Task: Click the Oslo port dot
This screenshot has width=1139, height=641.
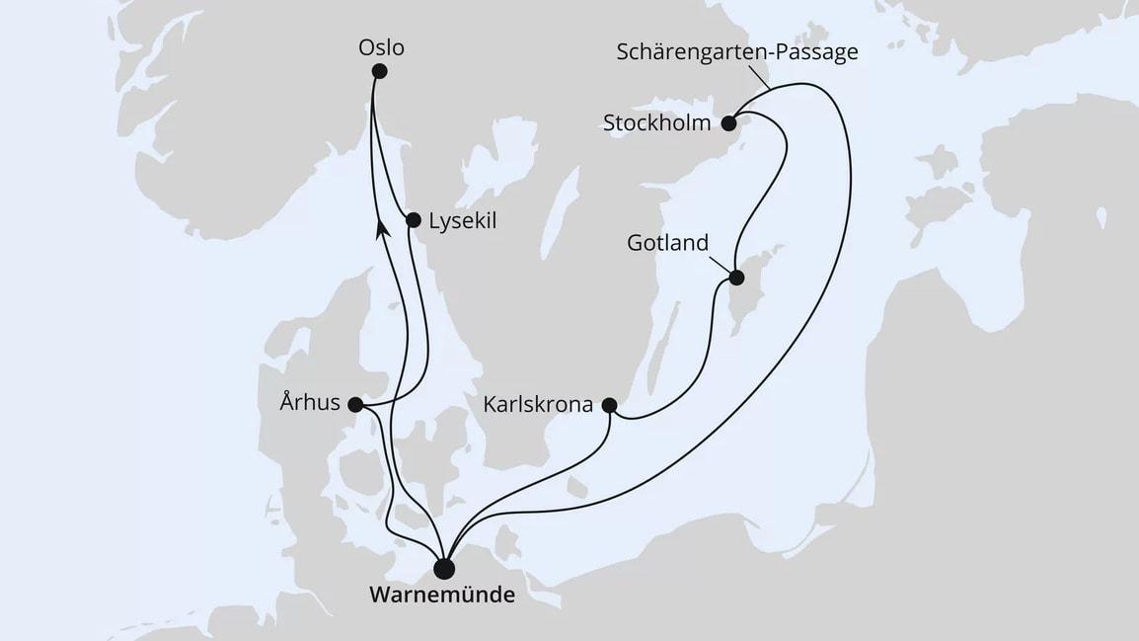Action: pyautogui.click(x=380, y=71)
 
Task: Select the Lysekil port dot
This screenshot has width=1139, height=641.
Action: pyautogui.click(x=414, y=219)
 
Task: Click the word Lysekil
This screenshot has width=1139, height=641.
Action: pyautogui.click(x=463, y=222)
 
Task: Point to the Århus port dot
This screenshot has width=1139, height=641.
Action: pyautogui.click(x=355, y=404)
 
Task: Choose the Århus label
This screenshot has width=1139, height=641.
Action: pyautogui.click(x=309, y=403)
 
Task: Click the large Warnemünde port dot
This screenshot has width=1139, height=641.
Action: pyautogui.click(x=444, y=568)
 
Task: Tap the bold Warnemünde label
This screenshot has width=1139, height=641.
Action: pyautogui.click(x=442, y=597)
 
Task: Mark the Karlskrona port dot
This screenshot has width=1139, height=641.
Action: pyautogui.click(x=609, y=404)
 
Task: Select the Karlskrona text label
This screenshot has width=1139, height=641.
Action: pyautogui.click(x=539, y=405)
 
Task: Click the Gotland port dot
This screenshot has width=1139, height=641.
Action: pyautogui.click(x=735, y=278)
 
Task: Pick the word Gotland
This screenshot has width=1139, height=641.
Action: pyautogui.click(x=668, y=242)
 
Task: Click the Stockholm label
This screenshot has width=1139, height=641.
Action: pyautogui.click(x=657, y=124)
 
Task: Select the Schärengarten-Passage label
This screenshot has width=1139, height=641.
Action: pyautogui.click(x=736, y=51)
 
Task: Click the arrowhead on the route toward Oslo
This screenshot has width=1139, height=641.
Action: pyautogui.click(x=382, y=228)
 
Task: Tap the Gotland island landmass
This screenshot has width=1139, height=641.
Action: pyautogui.click(x=745, y=296)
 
